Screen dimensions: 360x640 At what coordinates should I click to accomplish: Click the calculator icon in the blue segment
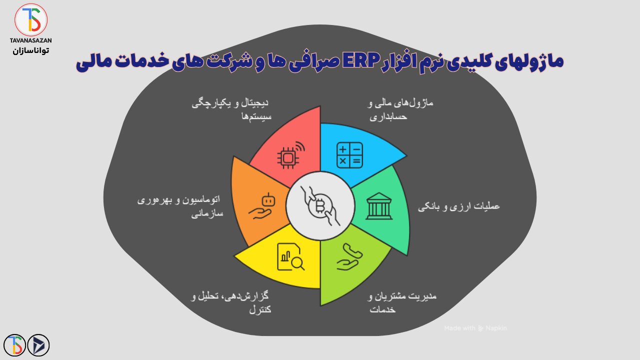click(349, 155)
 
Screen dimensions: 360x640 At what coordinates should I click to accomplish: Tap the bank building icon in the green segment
click(379, 206)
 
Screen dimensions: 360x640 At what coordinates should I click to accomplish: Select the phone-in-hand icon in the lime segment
click(349, 257)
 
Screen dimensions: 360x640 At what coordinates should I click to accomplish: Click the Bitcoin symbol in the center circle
click(320, 206)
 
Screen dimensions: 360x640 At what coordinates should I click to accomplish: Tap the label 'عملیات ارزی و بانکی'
click(459, 206)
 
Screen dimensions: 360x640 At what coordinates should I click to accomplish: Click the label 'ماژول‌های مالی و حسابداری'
click(400, 110)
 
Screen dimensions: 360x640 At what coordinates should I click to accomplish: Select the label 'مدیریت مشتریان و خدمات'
click(402, 302)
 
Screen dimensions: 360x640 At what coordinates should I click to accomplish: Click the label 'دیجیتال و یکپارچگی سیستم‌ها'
click(230, 110)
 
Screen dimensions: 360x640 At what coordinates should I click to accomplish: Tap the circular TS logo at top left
click(31, 20)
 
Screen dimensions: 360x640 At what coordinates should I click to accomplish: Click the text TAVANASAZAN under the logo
click(31, 40)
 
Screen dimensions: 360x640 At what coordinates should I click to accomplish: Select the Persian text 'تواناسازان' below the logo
click(31, 50)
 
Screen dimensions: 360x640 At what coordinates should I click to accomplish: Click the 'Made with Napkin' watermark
click(475, 328)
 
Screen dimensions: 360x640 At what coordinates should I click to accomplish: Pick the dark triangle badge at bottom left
click(38, 345)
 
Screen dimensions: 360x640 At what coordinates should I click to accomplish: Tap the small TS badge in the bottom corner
click(14, 345)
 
